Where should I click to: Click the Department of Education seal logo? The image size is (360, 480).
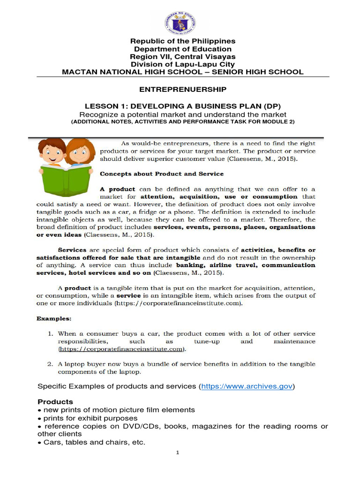tap(180, 22)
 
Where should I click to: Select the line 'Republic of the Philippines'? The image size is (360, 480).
tap(182, 41)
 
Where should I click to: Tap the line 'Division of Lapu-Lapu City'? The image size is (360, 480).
tap(182, 64)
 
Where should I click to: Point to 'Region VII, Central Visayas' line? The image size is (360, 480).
tap(182, 57)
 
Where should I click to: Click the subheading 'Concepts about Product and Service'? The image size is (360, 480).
tap(158, 174)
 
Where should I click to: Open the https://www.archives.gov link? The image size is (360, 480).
tap(247, 386)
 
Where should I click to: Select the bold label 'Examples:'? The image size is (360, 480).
tap(54, 318)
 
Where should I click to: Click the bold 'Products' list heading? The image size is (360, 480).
tap(55, 402)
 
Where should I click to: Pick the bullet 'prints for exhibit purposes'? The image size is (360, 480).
tap(90, 418)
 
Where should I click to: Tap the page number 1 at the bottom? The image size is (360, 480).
tap(178, 453)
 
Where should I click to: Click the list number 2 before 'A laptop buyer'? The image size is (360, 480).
tap(50, 364)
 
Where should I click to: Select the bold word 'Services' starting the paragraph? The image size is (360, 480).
tap(72, 250)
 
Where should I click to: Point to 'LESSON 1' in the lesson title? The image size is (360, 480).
tap(102, 106)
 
